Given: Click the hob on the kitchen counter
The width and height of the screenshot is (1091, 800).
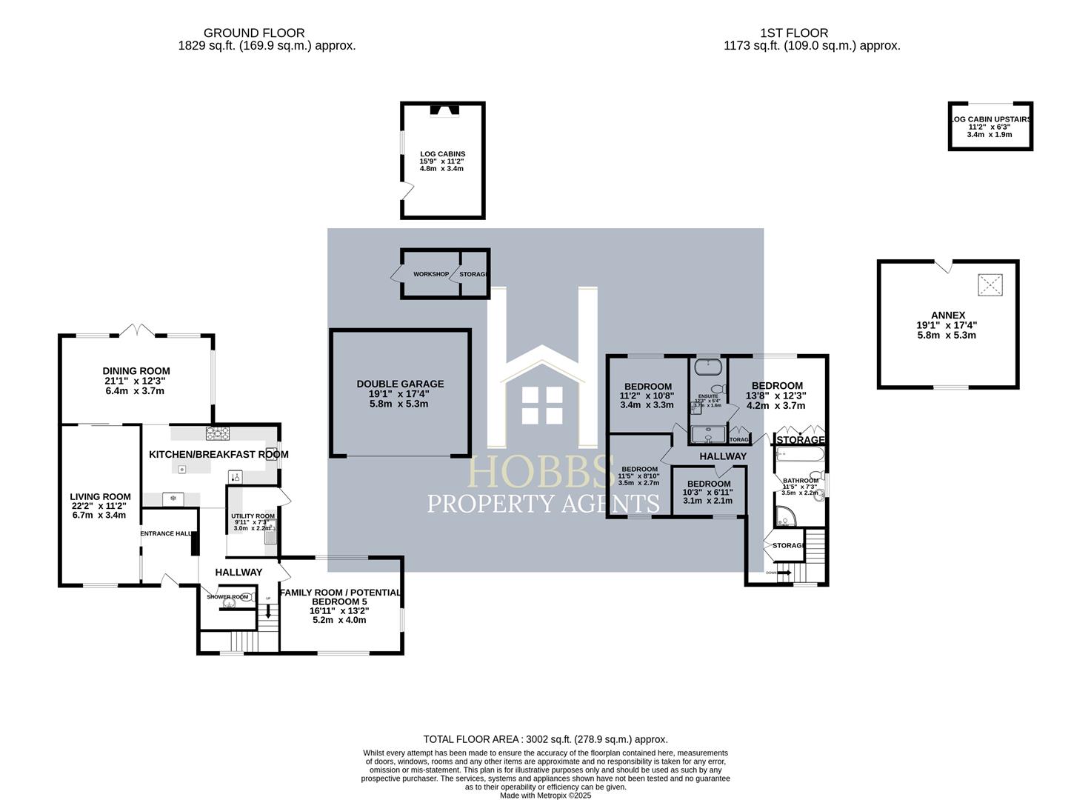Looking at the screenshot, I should coord(218,433).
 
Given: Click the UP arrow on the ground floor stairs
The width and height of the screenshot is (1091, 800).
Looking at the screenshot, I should coord(267,612).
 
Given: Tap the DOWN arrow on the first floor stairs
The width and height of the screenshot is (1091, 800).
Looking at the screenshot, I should coord(784,573).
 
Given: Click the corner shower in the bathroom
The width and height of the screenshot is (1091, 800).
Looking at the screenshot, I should coord(784,516).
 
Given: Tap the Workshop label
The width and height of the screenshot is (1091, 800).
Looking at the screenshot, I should coord(430,274).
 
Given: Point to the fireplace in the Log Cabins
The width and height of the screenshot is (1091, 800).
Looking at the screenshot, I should coord(444,111).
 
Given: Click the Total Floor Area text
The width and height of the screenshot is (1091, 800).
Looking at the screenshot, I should coord(545,739).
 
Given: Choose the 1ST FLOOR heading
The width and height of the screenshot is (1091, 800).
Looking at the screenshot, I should coord(794,33).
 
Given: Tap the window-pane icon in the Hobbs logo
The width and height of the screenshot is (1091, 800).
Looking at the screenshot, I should coord(543,404).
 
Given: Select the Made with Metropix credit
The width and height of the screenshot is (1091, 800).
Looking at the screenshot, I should coord(545,796).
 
